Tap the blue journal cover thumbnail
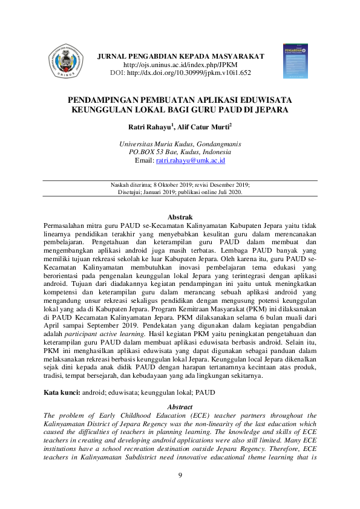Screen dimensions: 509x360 pyautogui.click(x=295, y=60)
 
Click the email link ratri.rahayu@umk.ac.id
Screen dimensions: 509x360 pyautogui.click(x=191, y=161)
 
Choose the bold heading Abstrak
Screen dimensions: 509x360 pyautogui.click(x=180, y=216)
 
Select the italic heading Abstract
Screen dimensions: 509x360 pyautogui.click(x=179, y=407)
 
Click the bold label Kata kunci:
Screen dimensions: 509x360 pyautogui.click(x=62, y=393)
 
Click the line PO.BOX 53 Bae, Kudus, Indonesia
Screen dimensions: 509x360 pyautogui.click(x=180, y=152)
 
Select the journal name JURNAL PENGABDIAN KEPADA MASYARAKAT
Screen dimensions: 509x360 pyautogui.click(x=181, y=56)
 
